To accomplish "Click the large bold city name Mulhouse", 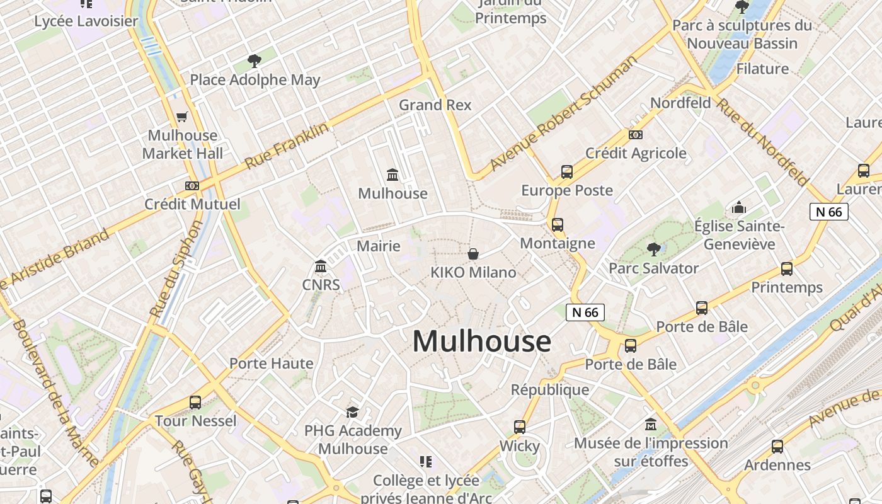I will click(482, 341).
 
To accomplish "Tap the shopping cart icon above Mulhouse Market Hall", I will click(182, 117).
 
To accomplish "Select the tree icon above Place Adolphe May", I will click(255, 61).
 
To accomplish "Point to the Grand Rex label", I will click(435, 105).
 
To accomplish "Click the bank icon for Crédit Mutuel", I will click(192, 186).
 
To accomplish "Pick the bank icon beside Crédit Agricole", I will click(636, 135).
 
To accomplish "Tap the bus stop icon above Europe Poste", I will click(566, 171).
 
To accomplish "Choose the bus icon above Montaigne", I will click(558, 225).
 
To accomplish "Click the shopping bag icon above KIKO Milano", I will click(473, 254).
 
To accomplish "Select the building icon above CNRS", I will click(321, 266).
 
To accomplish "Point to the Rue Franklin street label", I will click(287, 146).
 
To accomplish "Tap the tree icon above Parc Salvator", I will click(653, 249).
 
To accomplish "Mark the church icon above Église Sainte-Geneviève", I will click(739, 207).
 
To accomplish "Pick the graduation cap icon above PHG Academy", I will click(352, 412).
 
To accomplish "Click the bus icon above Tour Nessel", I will click(195, 402).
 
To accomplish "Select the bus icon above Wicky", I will click(520, 427).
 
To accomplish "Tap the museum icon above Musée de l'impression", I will click(651, 424).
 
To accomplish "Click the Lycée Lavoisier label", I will click(86, 21).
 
